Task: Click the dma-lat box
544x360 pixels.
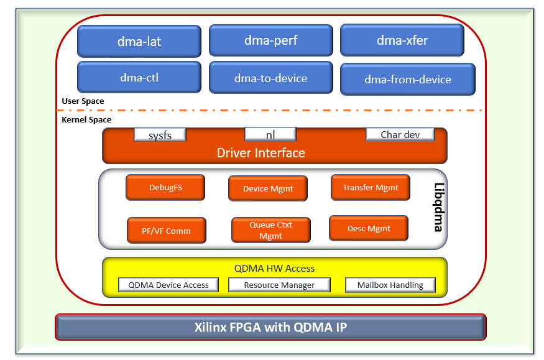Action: click(x=139, y=42)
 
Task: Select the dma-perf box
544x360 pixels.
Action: click(x=271, y=40)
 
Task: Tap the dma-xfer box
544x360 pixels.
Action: click(x=402, y=40)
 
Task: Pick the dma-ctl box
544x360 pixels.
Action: click(x=139, y=77)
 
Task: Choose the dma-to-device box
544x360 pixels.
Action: click(x=271, y=78)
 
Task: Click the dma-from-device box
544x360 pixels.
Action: click(x=408, y=79)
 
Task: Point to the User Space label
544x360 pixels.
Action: click(x=83, y=101)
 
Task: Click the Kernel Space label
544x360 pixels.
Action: click(x=86, y=119)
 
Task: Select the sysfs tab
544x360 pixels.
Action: click(x=160, y=135)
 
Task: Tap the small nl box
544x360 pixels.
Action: click(x=270, y=134)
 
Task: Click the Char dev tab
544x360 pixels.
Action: click(x=400, y=134)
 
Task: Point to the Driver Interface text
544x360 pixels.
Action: click(x=260, y=152)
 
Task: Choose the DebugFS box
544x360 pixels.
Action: click(x=165, y=187)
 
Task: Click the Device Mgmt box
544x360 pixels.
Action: click(x=267, y=188)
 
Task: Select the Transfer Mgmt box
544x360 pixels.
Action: click(x=370, y=187)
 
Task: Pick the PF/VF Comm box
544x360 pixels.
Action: click(x=166, y=230)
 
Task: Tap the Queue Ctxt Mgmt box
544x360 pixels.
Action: click(x=270, y=230)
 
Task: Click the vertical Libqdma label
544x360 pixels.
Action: click(x=438, y=208)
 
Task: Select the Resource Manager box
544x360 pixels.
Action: click(x=279, y=285)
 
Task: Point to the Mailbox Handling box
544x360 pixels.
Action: click(x=390, y=285)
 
